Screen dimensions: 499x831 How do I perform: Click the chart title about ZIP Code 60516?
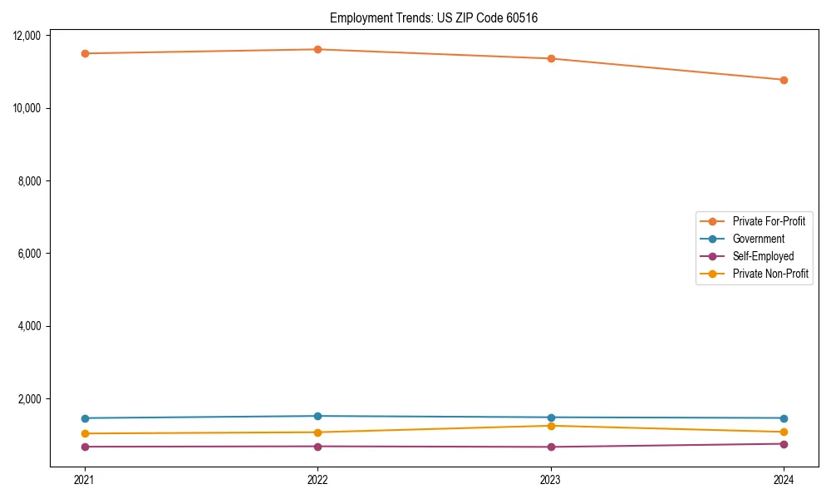coord(434,17)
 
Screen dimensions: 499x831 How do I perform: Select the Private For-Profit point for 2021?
coord(85,53)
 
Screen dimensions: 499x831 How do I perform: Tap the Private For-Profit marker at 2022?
coord(317,49)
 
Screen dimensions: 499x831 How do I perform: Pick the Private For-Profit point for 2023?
coord(551,58)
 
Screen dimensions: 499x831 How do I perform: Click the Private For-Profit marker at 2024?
coord(784,80)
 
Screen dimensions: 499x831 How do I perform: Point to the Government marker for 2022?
coord(317,416)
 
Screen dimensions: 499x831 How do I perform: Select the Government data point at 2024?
coord(784,418)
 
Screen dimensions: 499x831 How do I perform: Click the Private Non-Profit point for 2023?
coord(551,426)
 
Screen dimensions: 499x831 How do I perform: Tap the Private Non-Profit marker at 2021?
coord(85,433)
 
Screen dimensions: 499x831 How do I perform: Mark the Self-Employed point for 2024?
coord(784,443)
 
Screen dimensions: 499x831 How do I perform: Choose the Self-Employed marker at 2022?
coord(317,447)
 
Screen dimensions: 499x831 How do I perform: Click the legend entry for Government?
coord(758,239)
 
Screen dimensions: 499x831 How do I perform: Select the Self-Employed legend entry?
coord(763,256)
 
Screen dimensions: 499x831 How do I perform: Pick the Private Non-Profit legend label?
coord(770,274)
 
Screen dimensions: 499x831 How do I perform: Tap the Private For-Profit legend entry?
coord(769,221)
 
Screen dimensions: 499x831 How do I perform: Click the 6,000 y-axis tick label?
coord(31,254)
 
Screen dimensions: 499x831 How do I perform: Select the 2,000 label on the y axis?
coord(31,399)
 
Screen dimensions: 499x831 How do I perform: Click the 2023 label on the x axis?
coord(551,480)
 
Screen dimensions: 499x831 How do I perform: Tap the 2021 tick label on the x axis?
coord(85,480)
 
